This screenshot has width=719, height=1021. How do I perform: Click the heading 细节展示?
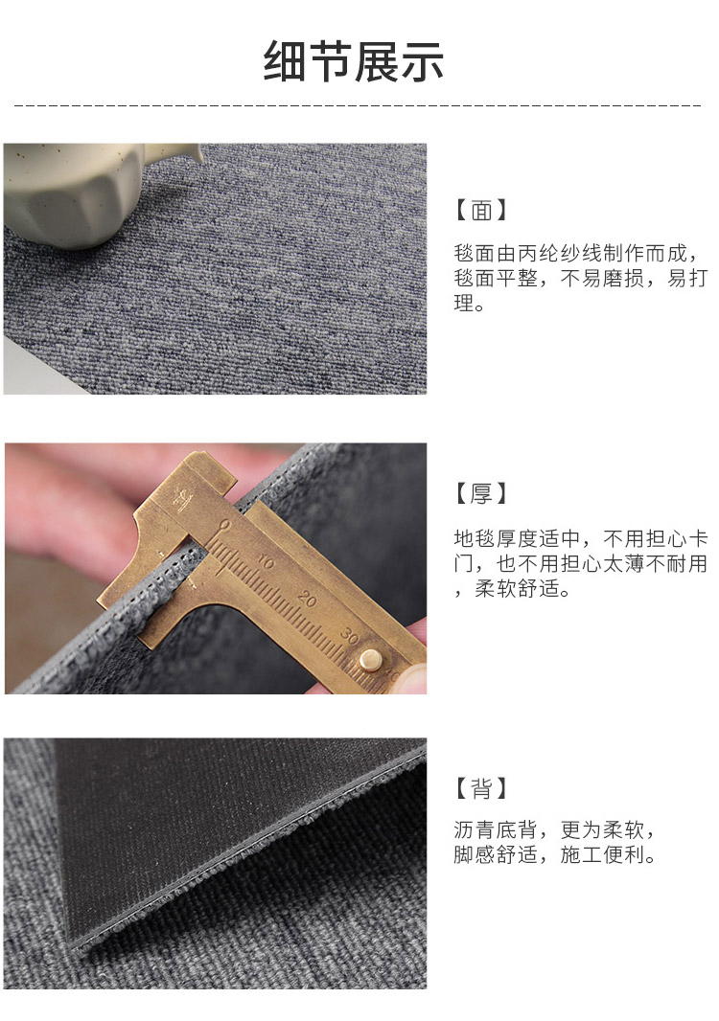[x=354, y=62]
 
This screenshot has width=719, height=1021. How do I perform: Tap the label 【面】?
[x=480, y=211]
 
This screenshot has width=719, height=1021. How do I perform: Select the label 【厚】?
[x=480, y=493]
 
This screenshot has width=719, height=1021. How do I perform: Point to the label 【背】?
[x=480, y=788]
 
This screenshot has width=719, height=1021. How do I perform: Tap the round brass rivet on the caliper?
[x=370, y=659]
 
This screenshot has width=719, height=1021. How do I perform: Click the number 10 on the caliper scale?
[x=266, y=561]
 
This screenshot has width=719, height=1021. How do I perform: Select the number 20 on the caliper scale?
[x=307, y=598]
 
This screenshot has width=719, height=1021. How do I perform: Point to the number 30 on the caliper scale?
[x=349, y=636]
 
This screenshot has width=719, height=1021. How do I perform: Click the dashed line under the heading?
[x=358, y=104]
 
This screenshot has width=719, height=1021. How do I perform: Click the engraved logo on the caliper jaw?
[x=183, y=500]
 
